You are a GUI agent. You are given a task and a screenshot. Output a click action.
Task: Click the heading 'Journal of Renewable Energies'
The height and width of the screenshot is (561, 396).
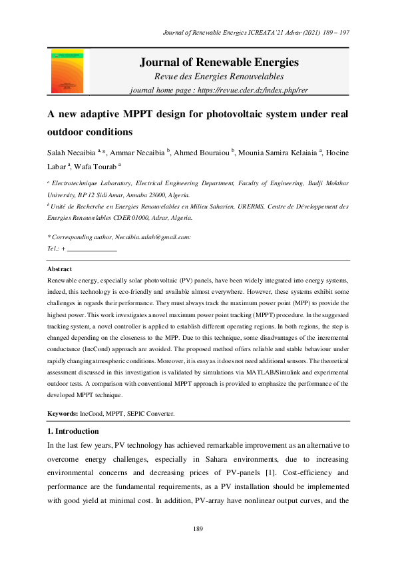(x=219, y=63)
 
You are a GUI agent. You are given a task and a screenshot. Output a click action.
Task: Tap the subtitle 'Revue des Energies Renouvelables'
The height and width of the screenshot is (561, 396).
(x=219, y=77)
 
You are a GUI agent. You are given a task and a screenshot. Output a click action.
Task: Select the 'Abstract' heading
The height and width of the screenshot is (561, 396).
(x=59, y=269)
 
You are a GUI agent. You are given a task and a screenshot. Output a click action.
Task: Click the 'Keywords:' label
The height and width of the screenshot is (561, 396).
(x=63, y=414)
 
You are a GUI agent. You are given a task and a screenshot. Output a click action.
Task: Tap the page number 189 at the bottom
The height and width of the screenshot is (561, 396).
(x=198, y=528)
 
